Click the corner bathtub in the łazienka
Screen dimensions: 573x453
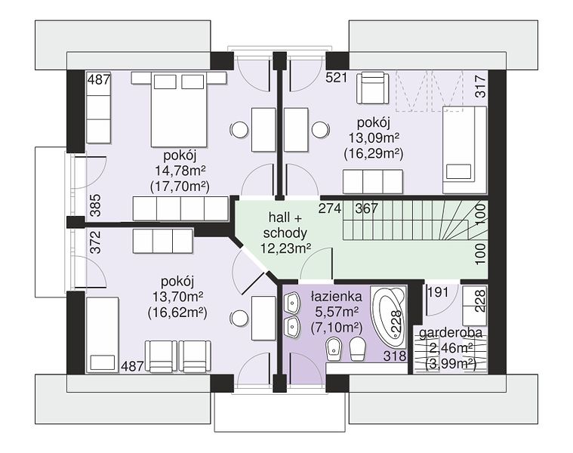click(389, 317)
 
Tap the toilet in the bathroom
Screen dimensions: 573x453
click(357, 349)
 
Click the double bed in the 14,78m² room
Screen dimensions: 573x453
click(179, 109)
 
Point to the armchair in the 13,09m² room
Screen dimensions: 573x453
click(372, 88)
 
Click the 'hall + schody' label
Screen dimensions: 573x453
click(285, 226)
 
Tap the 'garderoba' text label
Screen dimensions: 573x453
click(450, 333)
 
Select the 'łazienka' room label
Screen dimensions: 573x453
click(336, 296)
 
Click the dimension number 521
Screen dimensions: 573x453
click(336, 78)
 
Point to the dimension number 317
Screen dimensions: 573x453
click(481, 86)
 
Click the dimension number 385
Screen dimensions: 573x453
click(95, 205)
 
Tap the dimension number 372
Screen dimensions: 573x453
click(95, 242)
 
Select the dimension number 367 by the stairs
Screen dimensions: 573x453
click(367, 208)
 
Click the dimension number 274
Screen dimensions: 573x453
click(330, 208)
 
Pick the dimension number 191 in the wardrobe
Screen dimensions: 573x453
click(438, 292)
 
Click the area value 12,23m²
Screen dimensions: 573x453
click(285, 249)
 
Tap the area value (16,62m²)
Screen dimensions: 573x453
click(177, 313)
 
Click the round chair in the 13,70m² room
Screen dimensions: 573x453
click(240, 318)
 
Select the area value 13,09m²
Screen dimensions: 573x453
click(374, 138)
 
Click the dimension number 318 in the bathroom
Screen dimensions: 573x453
click(395, 356)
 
